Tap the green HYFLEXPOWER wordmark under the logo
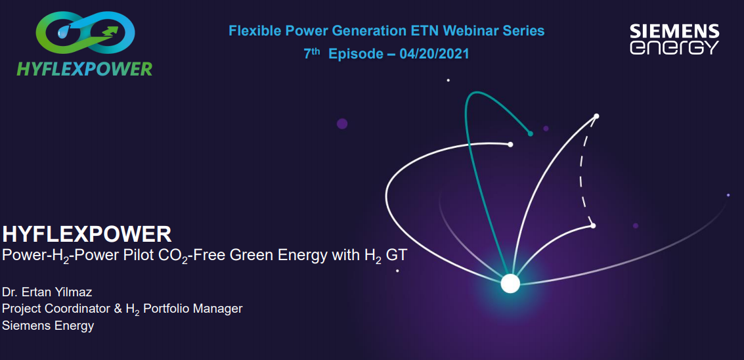point(85,68)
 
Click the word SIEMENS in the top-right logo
point(674,32)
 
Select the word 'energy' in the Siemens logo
point(674,47)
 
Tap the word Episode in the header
point(355,54)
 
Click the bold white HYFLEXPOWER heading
point(87,234)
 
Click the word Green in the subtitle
point(248,256)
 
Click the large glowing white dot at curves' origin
point(510,284)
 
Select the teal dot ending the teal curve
point(531,134)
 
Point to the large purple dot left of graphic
point(342,124)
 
